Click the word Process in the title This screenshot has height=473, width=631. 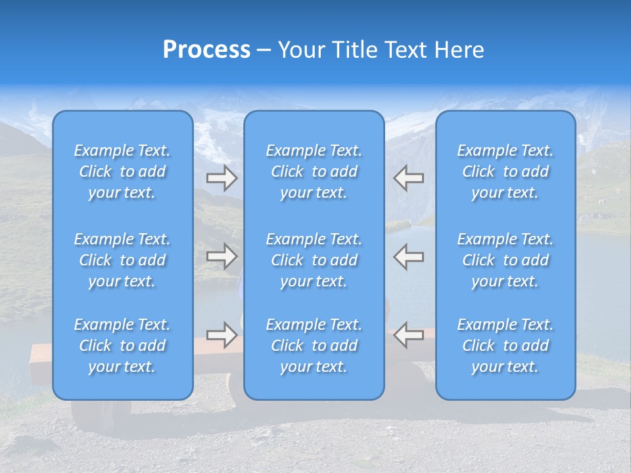click(x=206, y=50)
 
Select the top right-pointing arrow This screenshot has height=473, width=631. click(x=222, y=178)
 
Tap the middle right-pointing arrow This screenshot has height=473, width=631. click(x=222, y=256)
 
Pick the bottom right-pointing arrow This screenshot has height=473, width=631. click(x=222, y=335)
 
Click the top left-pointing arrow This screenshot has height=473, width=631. click(x=409, y=178)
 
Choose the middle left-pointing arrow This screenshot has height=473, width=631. click(x=409, y=256)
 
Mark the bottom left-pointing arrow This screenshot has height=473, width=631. click(x=409, y=335)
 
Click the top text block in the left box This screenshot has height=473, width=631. click(x=122, y=171)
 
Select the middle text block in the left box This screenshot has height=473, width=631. click(x=122, y=260)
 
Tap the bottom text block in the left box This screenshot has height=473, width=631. click(x=122, y=346)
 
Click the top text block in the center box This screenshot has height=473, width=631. click(x=314, y=171)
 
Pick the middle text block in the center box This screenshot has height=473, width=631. click(x=314, y=260)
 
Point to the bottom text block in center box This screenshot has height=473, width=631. click(x=314, y=346)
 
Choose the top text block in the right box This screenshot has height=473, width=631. click(x=505, y=171)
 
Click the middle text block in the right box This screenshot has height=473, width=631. click(x=505, y=260)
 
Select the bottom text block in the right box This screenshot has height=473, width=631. click(x=505, y=346)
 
